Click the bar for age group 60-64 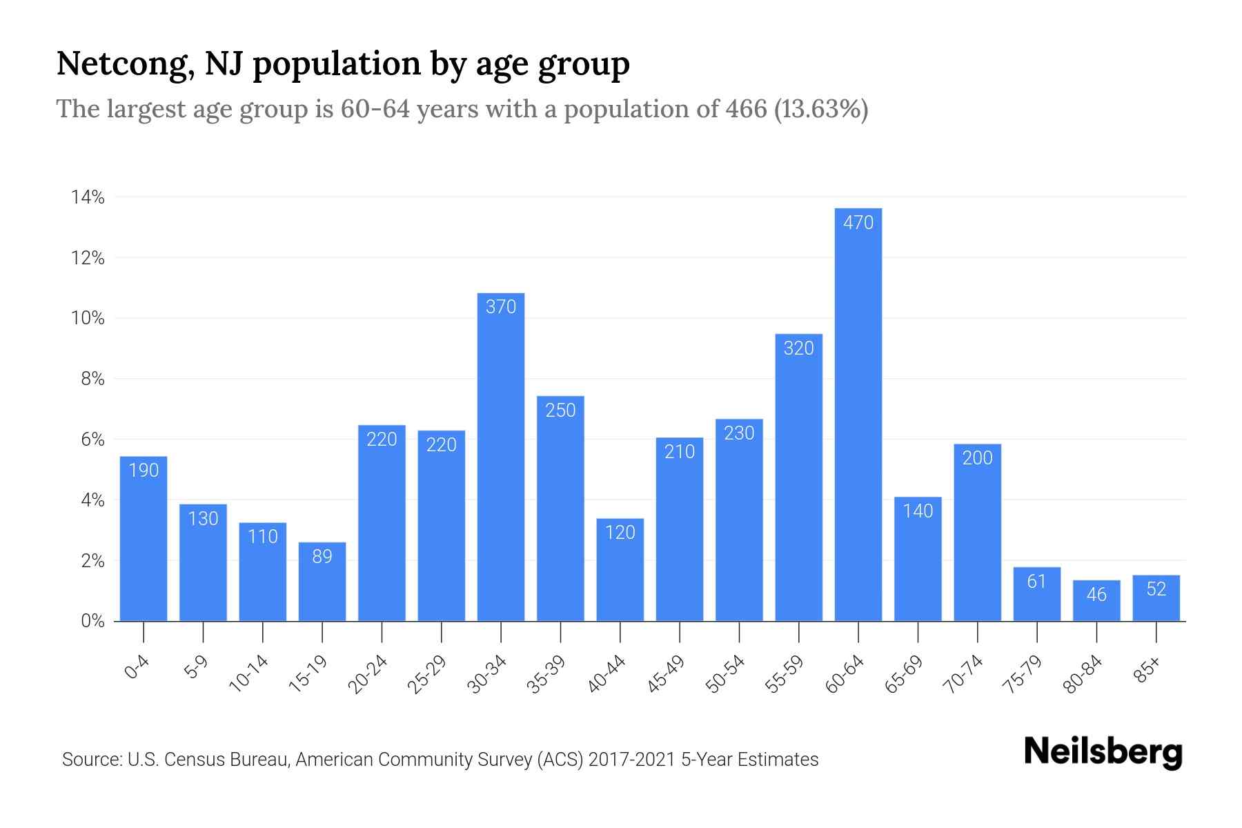[x=858, y=414]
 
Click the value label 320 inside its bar [x=798, y=348]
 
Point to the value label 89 [x=322, y=556]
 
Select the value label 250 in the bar [x=560, y=411]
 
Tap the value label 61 [x=1036, y=582]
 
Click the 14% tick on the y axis [x=88, y=198]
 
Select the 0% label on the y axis [x=92, y=621]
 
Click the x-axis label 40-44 [x=607, y=674]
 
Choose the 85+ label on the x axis [x=1148, y=670]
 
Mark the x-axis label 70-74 [x=965, y=674]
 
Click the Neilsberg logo [x=1103, y=752]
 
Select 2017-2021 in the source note [x=631, y=760]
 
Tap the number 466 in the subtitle [x=746, y=109]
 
